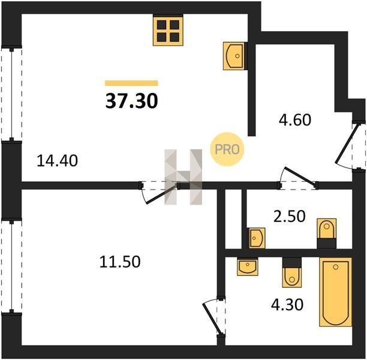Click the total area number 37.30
(x=131, y=101)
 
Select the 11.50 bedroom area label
(x=120, y=262)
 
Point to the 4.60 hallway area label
(x=295, y=119)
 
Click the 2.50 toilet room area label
(x=289, y=216)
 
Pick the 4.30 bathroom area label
(x=287, y=304)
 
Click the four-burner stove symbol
(x=168, y=31)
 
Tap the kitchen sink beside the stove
(x=234, y=56)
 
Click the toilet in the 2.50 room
(x=326, y=233)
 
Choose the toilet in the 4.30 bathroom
(x=292, y=272)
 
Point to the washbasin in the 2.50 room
(x=257, y=238)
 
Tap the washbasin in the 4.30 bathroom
(x=248, y=266)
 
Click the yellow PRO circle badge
(x=227, y=149)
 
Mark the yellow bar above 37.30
(x=131, y=83)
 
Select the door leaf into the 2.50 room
(x=300, y=176)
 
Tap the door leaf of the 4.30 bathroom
(x=211, y=319)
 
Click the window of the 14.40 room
(x=11, y=94)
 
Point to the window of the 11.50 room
(x=11, y=265)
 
